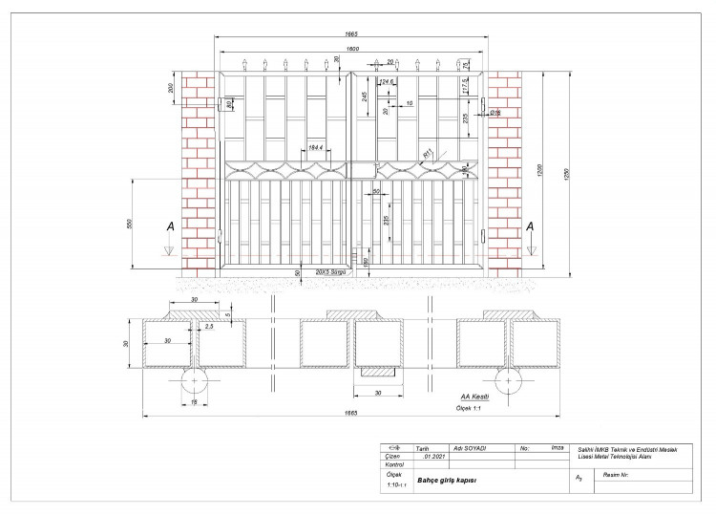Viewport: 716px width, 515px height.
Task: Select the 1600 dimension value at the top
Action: point(352,48)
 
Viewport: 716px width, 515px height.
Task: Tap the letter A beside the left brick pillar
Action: point(170,226)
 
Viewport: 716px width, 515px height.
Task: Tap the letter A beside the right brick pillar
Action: point(531,226)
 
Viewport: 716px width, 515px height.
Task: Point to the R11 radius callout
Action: point(428,152)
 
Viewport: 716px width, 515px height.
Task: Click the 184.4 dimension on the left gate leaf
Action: point(316,147)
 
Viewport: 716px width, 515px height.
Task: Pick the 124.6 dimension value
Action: point(387,82)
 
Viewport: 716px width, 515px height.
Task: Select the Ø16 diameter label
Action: point(495,113)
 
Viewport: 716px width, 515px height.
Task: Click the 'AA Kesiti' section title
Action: point(474,397)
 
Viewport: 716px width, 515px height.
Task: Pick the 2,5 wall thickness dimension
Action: point(209,328)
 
